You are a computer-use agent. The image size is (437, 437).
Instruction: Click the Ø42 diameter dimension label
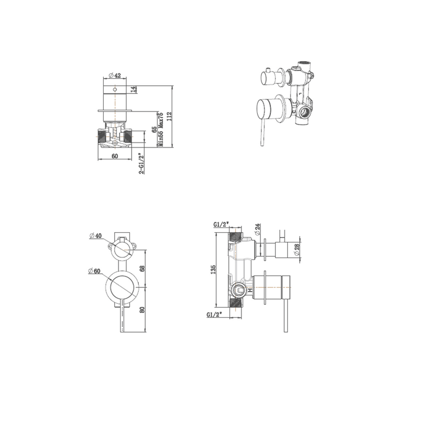coord(115,75)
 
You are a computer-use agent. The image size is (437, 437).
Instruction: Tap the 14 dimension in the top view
coord(133,89)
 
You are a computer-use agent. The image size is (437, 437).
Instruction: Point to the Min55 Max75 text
coord(161,129)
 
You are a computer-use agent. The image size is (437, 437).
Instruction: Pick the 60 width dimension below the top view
coord(115,156)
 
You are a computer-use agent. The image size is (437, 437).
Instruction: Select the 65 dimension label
coord(155,129)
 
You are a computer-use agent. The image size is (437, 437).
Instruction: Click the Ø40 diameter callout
coord(96,236)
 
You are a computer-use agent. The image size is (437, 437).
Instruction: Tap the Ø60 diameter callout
coord(96,271)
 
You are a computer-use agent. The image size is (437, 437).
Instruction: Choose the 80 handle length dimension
coord(143,309)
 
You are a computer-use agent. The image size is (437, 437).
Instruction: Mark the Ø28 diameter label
coord(297,249)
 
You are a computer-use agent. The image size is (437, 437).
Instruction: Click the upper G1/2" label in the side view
coord(221,225)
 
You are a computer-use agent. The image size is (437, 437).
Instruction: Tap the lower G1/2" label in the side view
coord(214,315)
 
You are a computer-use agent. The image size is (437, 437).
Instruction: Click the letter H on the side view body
coord(250,291)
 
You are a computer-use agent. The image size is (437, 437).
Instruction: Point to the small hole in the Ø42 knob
coord(115,90)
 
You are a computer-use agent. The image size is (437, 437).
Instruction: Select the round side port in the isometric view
coord(305,115)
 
